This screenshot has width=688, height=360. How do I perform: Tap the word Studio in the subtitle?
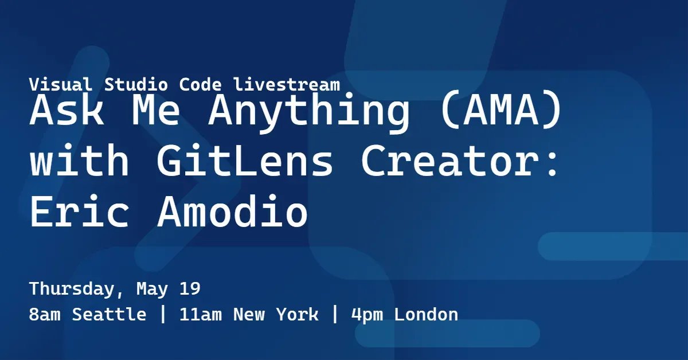pos(135,85)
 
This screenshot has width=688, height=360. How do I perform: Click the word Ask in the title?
pos(67,112)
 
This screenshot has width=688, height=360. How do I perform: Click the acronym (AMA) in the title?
pos(499,112)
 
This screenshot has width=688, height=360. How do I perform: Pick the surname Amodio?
pos(232,212)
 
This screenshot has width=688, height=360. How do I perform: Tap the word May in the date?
pos(152,289)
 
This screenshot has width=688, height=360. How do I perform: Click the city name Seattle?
pos(109,315)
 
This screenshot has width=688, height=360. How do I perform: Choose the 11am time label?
pos(201,315)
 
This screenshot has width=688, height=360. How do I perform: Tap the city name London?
pos(426,315)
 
